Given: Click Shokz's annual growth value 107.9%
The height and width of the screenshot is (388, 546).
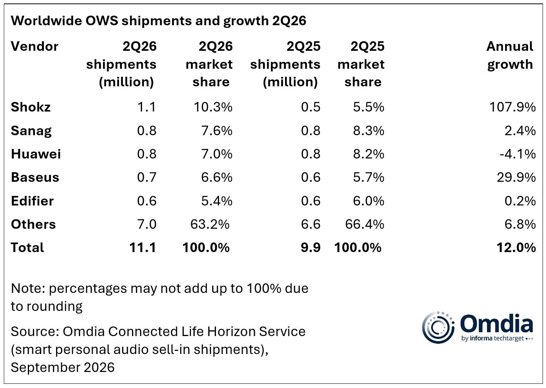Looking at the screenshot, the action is pos(512,107).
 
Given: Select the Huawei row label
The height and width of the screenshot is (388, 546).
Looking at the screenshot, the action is pos(36,154).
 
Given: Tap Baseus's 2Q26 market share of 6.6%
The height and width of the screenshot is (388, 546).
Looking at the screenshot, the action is pos(217,177).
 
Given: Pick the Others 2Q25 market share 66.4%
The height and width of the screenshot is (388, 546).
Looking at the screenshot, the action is pos(365,224).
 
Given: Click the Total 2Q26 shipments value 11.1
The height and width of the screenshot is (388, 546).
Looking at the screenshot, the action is pos(143,247).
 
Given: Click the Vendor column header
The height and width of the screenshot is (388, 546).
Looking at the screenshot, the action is pos(35,46).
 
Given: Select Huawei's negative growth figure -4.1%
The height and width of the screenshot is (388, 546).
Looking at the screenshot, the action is pos(518,154).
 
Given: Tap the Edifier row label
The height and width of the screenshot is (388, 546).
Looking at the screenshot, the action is pos(32,201).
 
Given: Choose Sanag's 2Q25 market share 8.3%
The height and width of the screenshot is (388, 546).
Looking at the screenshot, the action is pos(369,131).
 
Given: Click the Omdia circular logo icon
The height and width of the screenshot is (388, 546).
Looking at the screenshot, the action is pos(438,328).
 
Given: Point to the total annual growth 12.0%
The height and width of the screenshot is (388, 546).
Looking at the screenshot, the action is pos(516,247).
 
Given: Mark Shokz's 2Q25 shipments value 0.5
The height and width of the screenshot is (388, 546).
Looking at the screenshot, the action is pos(311,107).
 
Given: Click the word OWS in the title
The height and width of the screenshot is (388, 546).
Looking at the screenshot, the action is pos(101,21).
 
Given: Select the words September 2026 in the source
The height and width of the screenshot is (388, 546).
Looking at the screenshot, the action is pos(63,367).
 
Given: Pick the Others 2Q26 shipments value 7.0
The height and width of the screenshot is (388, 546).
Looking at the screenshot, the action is pos(147,224).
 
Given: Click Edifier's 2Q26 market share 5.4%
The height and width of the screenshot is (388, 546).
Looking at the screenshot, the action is pos(217,201).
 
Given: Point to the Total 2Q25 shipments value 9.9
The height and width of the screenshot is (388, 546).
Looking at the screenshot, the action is pos(311,247).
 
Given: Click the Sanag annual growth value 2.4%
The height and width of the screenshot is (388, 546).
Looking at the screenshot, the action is pos(520,131).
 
